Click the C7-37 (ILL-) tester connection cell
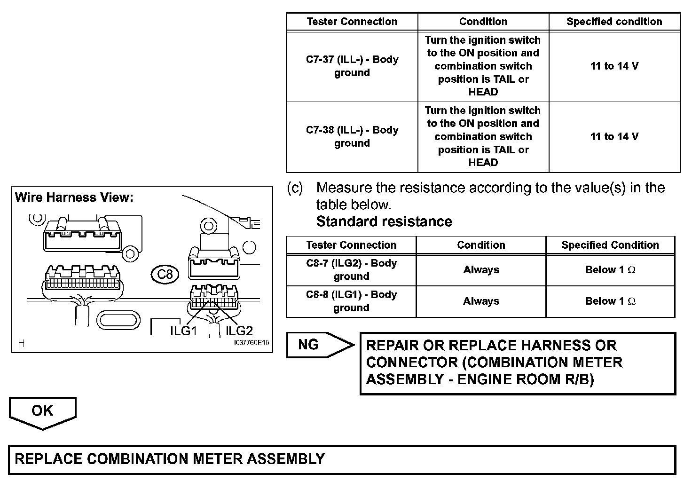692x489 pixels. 352,66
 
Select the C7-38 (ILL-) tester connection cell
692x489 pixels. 352,137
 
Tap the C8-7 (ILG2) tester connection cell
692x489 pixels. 352,270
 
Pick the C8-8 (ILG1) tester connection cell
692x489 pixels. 352,301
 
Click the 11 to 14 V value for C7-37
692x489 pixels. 614,66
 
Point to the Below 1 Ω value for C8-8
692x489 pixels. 610,301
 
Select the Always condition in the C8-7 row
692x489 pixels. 481,270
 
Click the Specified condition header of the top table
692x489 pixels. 614,22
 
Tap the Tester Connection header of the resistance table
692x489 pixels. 351,245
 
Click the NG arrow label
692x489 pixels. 309,345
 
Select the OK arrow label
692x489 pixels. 42,410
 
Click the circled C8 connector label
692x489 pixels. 165,274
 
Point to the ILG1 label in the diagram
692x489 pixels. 183,331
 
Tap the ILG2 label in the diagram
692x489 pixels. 239,331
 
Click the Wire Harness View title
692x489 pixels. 74,197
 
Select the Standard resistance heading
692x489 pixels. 384,221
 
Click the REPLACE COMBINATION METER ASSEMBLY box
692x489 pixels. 342,459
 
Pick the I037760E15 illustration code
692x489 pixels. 252,343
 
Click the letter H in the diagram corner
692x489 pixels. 21,344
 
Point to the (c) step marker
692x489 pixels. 295,188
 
